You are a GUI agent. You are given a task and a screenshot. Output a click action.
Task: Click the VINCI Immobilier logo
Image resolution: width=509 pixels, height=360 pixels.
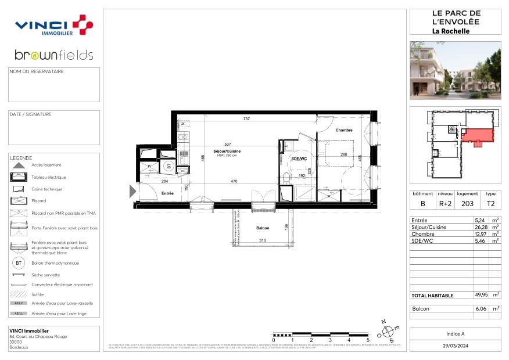53,26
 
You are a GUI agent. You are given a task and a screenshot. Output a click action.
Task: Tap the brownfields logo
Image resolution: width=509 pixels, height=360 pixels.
53,55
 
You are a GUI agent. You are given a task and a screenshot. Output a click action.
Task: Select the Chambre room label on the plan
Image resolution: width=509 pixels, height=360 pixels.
344,130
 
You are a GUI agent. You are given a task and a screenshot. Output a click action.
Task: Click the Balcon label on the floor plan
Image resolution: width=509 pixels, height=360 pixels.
263,228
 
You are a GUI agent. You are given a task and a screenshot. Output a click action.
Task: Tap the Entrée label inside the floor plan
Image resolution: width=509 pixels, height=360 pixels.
167,193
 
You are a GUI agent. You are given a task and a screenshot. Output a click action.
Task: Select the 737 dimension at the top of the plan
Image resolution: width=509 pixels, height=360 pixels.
246,119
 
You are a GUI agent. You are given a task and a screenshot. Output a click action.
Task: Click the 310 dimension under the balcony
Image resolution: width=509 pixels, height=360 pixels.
262,241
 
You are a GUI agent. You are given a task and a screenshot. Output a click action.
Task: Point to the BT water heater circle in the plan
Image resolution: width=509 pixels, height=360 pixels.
169,165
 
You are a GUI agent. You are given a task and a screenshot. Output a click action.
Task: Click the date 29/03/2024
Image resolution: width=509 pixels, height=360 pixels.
455,345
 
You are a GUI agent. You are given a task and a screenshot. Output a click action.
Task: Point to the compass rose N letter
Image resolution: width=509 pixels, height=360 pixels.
382,321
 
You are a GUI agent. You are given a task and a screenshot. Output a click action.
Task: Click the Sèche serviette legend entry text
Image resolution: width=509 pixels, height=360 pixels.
46,275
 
